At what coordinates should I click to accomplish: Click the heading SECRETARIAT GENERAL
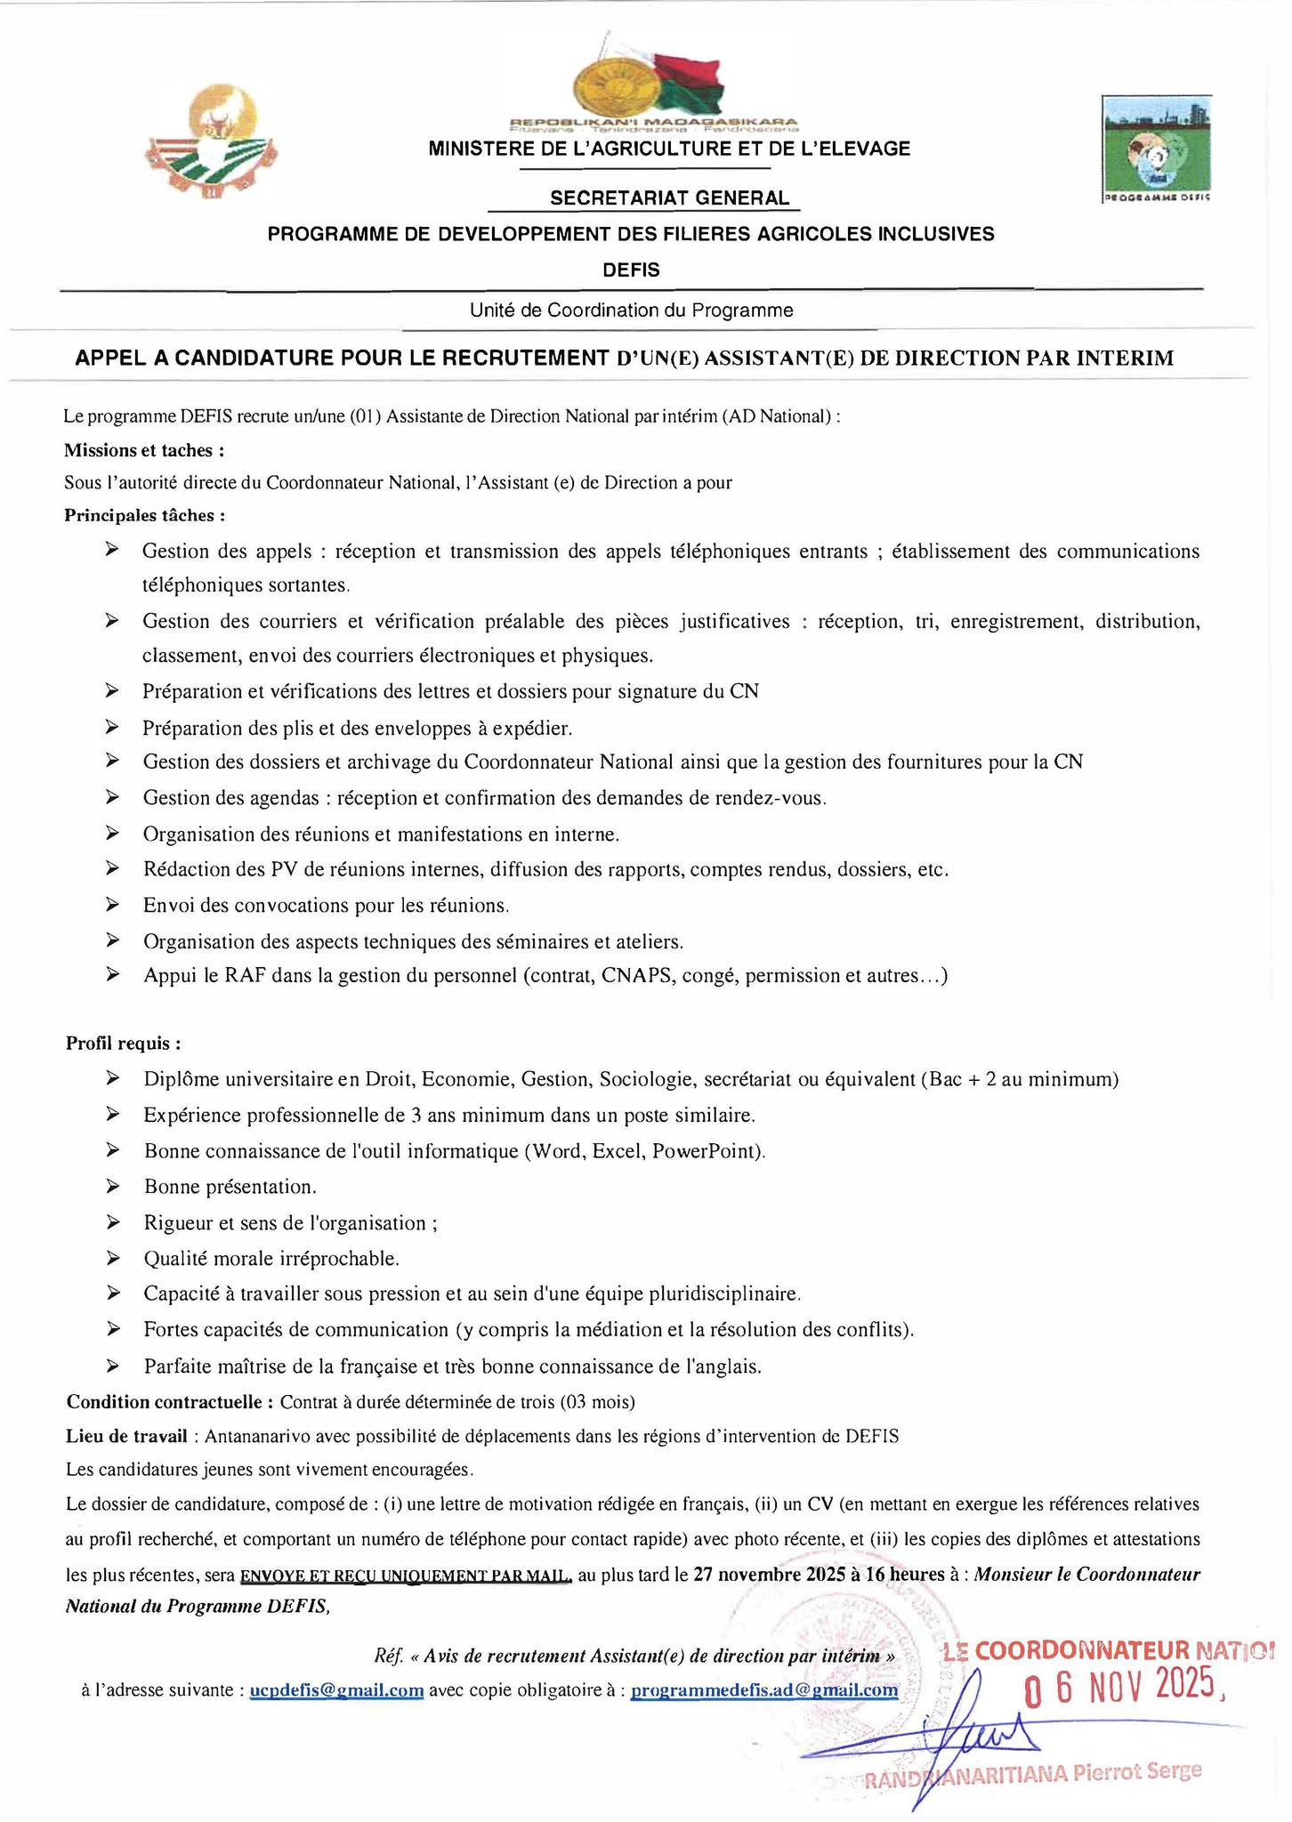(x=669, y=198)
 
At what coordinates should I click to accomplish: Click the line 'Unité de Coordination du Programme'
(x=632, y=310)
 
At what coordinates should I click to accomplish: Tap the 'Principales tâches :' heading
(x=144, y=515)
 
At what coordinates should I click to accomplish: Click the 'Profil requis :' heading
(x=124, y=1043)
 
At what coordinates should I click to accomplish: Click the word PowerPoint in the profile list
(x=707, y=1150)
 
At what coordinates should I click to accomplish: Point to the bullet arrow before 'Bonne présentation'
(x=113, y=1186)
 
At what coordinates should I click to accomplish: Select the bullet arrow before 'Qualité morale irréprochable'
(x=113, y=1258)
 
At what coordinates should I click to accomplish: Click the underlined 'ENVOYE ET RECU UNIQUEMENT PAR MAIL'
(x=406, y=1576)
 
